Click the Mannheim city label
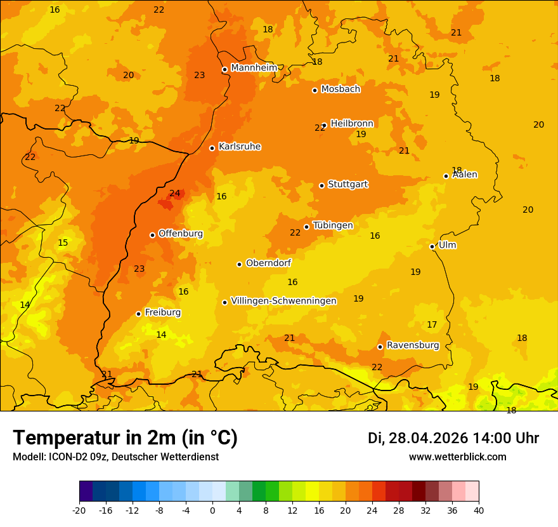point(254,68)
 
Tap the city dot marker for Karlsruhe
point(212,148)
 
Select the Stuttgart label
point(347,184)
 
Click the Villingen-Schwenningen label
point(283,301)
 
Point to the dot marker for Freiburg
point(138,314)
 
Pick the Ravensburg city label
point(413,345)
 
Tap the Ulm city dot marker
point(432,246)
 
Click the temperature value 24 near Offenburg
point(175,193)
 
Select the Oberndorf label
point(269,263)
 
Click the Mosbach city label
point(341,89)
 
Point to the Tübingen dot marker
point(306,227)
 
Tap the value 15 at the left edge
point(63,243)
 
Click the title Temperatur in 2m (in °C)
point(126,437)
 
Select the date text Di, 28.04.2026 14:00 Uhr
point(453,438)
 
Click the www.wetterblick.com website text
point(457,457)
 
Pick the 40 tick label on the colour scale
point(479,510)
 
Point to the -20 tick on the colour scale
point(79,510)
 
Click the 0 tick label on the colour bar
point(212,510)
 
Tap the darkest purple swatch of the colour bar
point(86,491)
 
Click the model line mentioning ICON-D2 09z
point(115,457)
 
